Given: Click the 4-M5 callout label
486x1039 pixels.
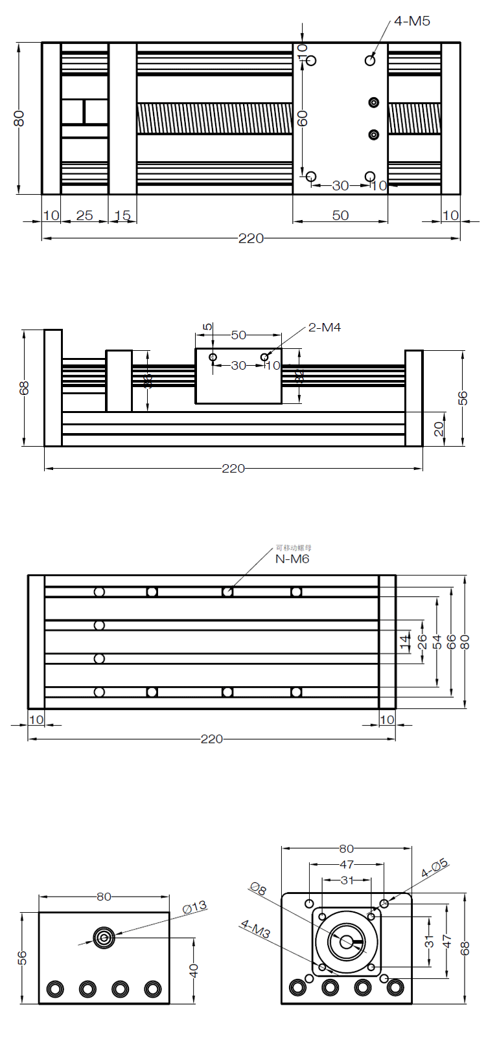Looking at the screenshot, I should pyautogui.click(x=411, y=21).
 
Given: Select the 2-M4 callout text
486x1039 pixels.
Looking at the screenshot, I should pyautogui.click(x=324, y=328).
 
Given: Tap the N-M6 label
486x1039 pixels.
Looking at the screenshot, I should pyautogui.click(x=292, y=559).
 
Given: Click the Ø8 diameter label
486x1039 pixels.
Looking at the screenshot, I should pyautogui.click(x=258, y=889).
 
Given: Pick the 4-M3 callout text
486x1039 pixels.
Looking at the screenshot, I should pyautogui.click(x=255, y=929).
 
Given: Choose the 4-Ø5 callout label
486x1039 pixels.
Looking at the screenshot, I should pyautogui.click(x=434, y=868).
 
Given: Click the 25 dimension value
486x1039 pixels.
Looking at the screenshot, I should pyautogui.click(x=84, y=216).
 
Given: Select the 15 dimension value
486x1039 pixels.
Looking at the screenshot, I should pyautogui.click(x=122, y=216).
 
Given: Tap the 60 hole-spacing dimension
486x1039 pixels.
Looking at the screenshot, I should pyautogui.click(x=303, y=118).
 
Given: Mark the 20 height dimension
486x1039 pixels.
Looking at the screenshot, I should pyautogui.click(x=439, y=429).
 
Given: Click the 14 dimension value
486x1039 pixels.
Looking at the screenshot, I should pyautogui.click(x=405, y=642).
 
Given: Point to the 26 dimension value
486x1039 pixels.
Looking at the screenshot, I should pyautogui.click(x=422, y=642).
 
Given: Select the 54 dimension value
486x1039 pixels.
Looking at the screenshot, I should pyautogui.click(x=437, y=642).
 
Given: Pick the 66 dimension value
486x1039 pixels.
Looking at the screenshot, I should pyautogui.click(x=452, y=642).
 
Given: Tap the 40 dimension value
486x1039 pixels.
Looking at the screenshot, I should pyautogui.click(x=194, y=970).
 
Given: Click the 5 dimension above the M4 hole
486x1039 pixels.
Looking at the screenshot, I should pyautogui.click(x=207, y=328).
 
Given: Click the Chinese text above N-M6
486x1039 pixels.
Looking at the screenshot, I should pyautogui.click(x=293, y=548).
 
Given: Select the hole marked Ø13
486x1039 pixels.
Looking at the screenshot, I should pyautogui.click(x=104, y=937).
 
